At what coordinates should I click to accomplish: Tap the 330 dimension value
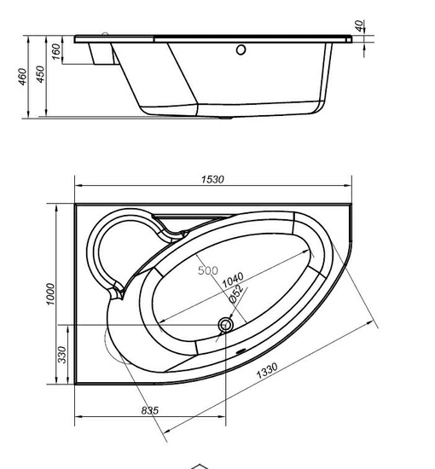point(62,354)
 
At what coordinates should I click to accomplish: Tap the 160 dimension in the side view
point(55,52)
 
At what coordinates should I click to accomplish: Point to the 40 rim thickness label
point(362,25)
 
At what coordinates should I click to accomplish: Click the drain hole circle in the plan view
point(226,325)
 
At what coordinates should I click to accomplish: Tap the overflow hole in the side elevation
point(241,49)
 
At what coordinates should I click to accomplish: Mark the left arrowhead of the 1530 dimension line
point(78,185)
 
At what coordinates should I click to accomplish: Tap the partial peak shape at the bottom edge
point(199,465)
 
